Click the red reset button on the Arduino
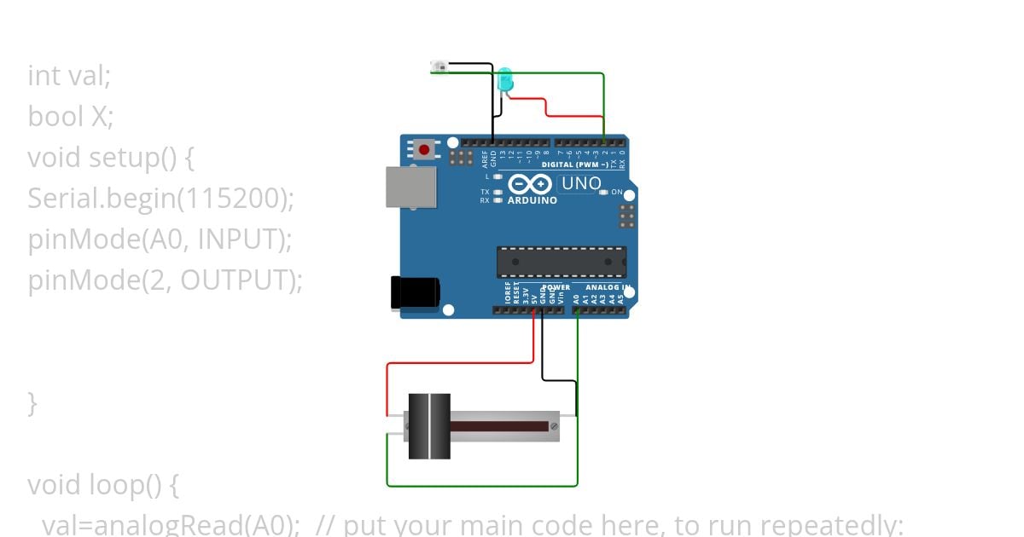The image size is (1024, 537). click(424, 150)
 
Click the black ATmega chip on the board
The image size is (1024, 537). click(561, 262)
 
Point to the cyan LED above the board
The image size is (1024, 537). click(505, 80)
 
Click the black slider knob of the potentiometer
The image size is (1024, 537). click(429, 426)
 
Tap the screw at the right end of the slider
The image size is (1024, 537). click(555, 425)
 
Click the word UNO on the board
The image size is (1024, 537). click(581, 183)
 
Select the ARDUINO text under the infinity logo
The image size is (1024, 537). click(532, 201)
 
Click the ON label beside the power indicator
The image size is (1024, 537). click(617, 193)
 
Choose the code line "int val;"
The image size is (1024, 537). click(69, 76)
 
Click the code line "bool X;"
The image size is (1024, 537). click(71, 117)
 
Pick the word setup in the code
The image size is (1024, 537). click(120, 158)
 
